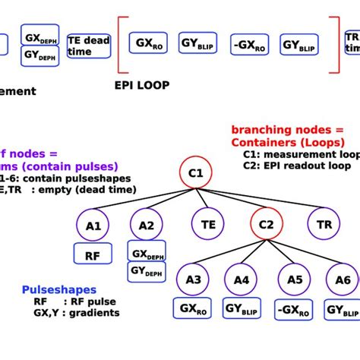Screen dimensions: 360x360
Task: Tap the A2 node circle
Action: coord(147,225)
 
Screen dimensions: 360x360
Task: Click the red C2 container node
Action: coord(266,225)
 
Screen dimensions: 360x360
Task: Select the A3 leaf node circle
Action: coord(193,279)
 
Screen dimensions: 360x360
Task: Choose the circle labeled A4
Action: coord(242,279)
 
